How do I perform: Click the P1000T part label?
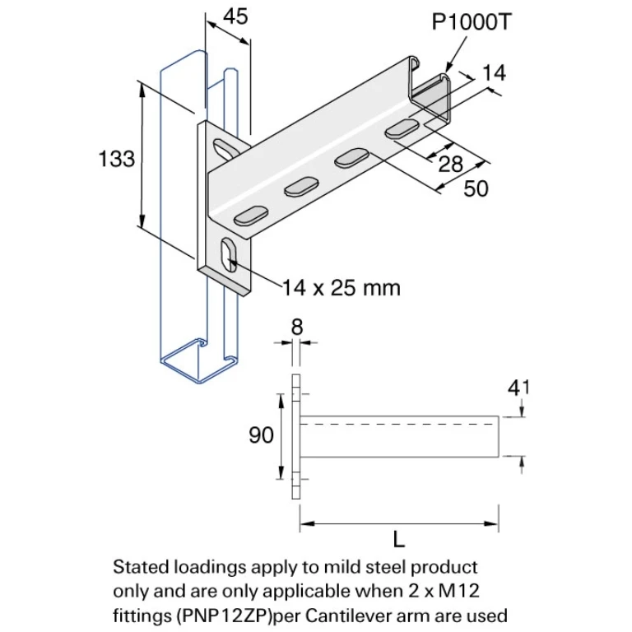(x=471, y=22)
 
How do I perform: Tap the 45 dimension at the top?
(x=235, y=16)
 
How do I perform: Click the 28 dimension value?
(x=450, y=164)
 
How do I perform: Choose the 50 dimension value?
(x=476, y=188)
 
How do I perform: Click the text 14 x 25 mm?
(x=342, y=288)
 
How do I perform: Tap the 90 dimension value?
(x=261, y=435)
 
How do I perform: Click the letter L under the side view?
(x=399, y=540)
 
